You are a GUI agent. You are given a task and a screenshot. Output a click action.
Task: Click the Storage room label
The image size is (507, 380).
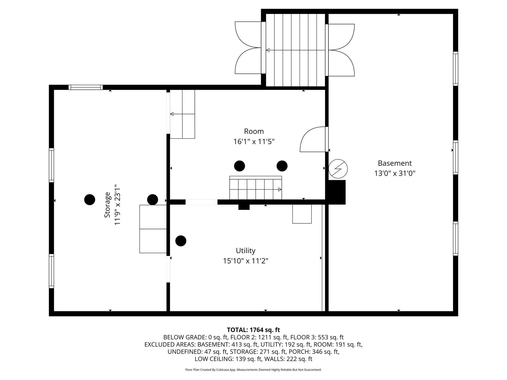107,205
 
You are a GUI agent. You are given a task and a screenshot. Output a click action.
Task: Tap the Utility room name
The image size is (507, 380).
246,251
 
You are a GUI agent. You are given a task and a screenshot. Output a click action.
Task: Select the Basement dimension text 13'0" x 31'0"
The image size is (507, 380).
395,173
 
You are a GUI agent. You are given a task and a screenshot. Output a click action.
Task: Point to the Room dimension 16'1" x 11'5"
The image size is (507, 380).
254,142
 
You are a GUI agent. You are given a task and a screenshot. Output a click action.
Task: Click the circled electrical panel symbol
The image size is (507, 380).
338,169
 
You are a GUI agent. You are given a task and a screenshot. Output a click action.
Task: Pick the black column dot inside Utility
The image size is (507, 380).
181,241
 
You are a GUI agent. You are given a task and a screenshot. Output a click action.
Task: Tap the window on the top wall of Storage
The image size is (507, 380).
86,87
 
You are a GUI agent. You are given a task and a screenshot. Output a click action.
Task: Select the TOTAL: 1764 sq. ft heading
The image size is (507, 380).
253,330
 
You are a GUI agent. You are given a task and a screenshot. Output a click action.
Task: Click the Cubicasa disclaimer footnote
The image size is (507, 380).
253,370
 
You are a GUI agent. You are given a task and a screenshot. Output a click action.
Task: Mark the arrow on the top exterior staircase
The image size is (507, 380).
295,50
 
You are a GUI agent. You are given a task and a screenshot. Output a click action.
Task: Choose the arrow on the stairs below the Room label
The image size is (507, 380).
256,189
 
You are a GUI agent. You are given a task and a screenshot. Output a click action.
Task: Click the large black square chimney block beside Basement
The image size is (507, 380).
336,192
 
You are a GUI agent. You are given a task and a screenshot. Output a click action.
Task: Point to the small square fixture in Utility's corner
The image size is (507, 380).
302,214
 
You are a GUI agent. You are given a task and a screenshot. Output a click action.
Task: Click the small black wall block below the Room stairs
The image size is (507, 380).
244,207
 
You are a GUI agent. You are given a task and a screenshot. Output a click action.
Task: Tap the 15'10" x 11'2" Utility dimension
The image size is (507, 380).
246,261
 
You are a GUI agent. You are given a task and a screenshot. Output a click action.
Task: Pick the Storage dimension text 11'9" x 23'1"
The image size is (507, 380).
117,205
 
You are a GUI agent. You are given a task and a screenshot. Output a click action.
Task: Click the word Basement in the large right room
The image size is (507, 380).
395,163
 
